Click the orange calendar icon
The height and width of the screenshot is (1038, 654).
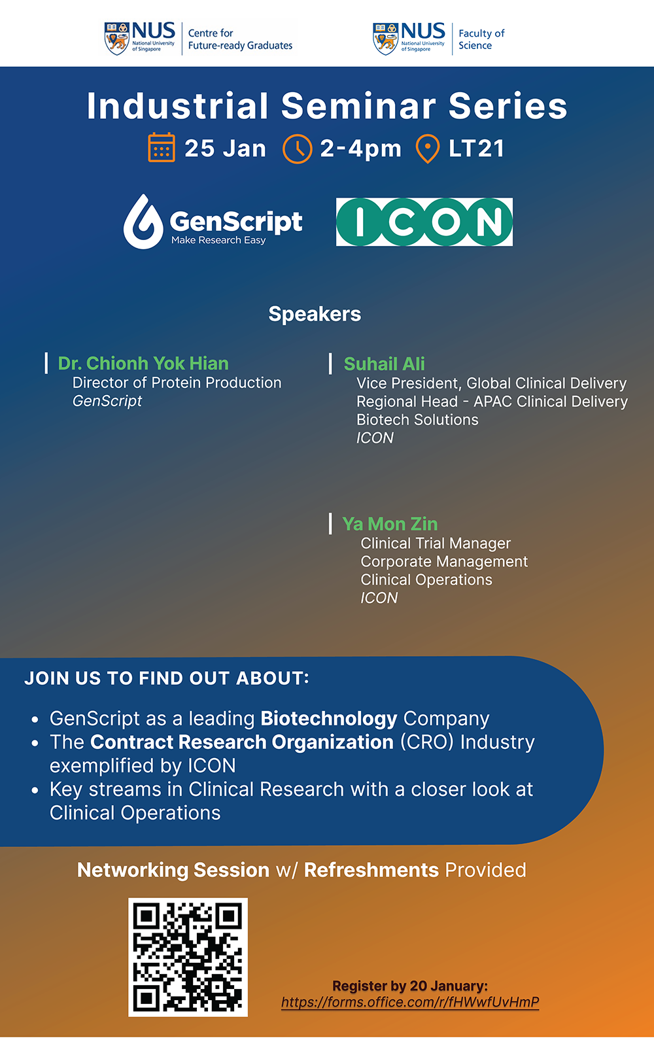click(x=162, y=147)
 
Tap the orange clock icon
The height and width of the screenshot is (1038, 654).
click(x=297, y=148)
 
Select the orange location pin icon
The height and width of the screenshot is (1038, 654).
click(x=427, y=148)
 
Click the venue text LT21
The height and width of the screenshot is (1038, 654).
click(x=477, y=148)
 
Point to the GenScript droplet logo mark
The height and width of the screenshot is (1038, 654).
click(x=143, y=222)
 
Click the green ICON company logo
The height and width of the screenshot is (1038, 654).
click(x=424, y=222)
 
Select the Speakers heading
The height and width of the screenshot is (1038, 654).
click(x=315, y=314)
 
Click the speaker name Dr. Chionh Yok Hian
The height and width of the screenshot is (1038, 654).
click(x=143, y=363)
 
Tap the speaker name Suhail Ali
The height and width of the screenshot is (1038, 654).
click(x=385, y=364)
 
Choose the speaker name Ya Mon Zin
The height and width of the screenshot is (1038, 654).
click(x=390, y=524)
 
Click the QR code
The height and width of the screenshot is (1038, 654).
click(x=188, y=957)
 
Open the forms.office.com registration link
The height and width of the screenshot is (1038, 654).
click(x=410, y=1002)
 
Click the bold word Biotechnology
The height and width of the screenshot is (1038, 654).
click(x=328, y=718)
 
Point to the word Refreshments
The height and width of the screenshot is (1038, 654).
click(x=371, y=870)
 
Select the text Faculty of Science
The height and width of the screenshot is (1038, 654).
click(x=481, y=39)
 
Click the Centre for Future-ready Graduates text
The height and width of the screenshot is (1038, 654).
click(x=240, y=39)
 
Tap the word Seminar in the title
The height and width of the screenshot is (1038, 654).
click(x=358, y=106)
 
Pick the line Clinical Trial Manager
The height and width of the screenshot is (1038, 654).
click(x=436, y=543)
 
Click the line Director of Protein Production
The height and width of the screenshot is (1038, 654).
click(x=177, y=383)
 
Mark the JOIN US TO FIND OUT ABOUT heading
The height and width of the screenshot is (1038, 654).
click(x=166, y=678)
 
